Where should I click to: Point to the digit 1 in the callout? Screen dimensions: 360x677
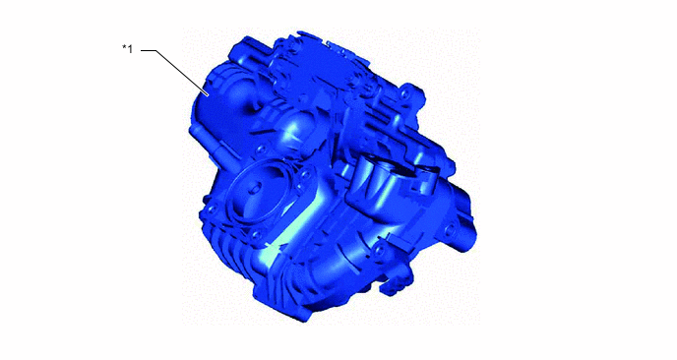pyautogui.click(x=130, y=46)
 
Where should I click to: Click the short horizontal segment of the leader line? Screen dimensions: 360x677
pyautogui.click(x=150, y=47)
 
